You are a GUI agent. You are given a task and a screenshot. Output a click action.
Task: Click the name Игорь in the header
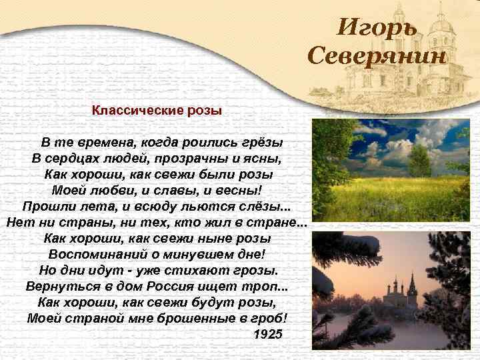click(377, 27)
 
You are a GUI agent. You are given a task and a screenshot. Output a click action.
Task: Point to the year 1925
click(269, 333)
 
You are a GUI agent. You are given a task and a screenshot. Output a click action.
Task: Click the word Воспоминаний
click(99, 254)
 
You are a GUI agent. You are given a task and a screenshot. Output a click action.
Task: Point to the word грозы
click(255, 270)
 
